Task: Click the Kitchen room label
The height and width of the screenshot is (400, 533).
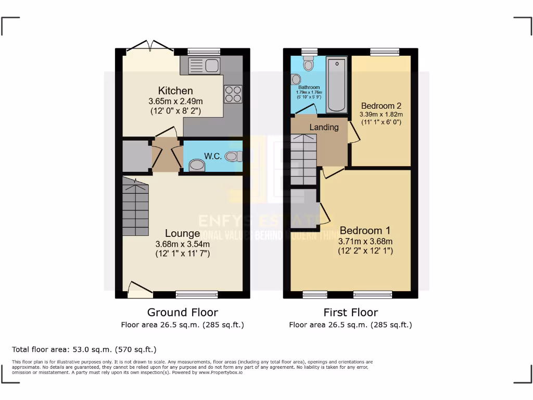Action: tap(175, 91)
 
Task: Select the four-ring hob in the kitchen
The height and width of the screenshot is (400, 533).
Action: tap(233, 94)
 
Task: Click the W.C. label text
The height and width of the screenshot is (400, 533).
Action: tap(214, 156)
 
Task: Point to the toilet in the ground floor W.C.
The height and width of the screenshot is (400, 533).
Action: tap(234, 156)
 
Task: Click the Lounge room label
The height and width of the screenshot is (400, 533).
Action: tap(182, 233)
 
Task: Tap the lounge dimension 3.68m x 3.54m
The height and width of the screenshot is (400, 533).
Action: tap(182, 244)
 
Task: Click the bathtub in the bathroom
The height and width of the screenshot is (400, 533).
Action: tap(337, 84)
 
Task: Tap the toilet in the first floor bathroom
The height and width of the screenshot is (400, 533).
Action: tap(309, 64)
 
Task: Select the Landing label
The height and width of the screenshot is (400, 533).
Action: tap(324, 127)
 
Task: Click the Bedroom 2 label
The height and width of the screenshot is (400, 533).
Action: tap(381, 106)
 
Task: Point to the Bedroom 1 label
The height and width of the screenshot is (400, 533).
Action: tap(365, 231)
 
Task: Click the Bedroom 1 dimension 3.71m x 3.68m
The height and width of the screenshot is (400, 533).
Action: tap(365, 241)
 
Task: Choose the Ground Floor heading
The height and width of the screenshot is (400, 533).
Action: tap(182, 312)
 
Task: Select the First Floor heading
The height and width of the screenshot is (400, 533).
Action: tap(350, 312)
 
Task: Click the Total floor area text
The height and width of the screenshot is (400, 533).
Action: tap(84, 349)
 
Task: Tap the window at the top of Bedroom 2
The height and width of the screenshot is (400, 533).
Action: tap(385, 52)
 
